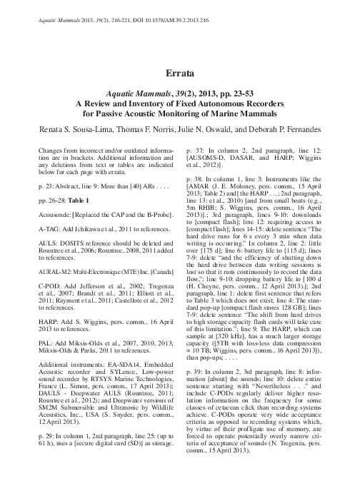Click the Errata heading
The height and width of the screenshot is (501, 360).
179,73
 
